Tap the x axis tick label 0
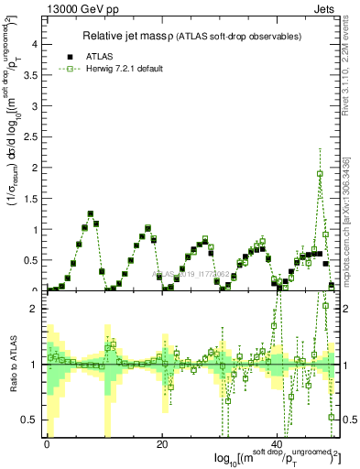[x=47, y=444]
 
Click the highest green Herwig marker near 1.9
[x=320, y=173]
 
